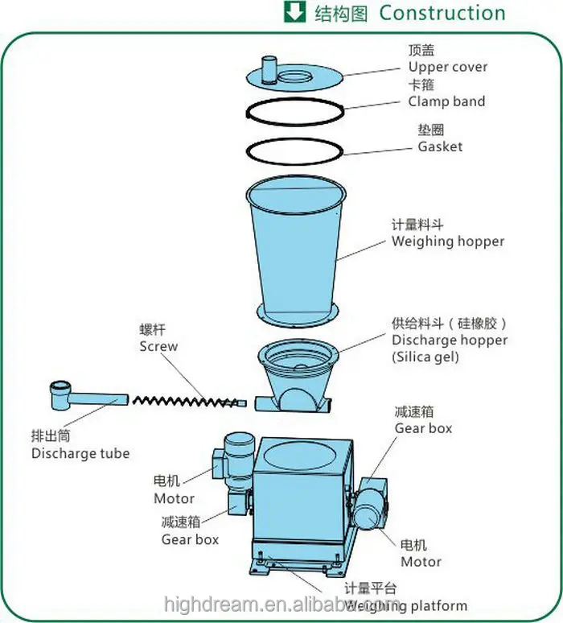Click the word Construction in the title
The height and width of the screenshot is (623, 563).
(442, 14)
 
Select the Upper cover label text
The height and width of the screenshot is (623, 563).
(447, 67)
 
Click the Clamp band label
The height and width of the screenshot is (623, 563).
(446, 101)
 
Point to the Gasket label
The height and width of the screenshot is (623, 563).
(440, 146)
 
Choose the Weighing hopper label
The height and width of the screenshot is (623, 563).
(448, 241)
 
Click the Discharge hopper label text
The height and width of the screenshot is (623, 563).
(450, 340)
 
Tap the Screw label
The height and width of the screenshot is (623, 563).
(158, 346)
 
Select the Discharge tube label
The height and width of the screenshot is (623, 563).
(80, 453)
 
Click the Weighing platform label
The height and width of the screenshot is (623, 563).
(406, 605)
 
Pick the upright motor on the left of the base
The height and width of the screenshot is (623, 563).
(239, 459)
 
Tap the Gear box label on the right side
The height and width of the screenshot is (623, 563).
(423, 428)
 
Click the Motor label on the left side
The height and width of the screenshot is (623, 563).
(175, 498)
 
